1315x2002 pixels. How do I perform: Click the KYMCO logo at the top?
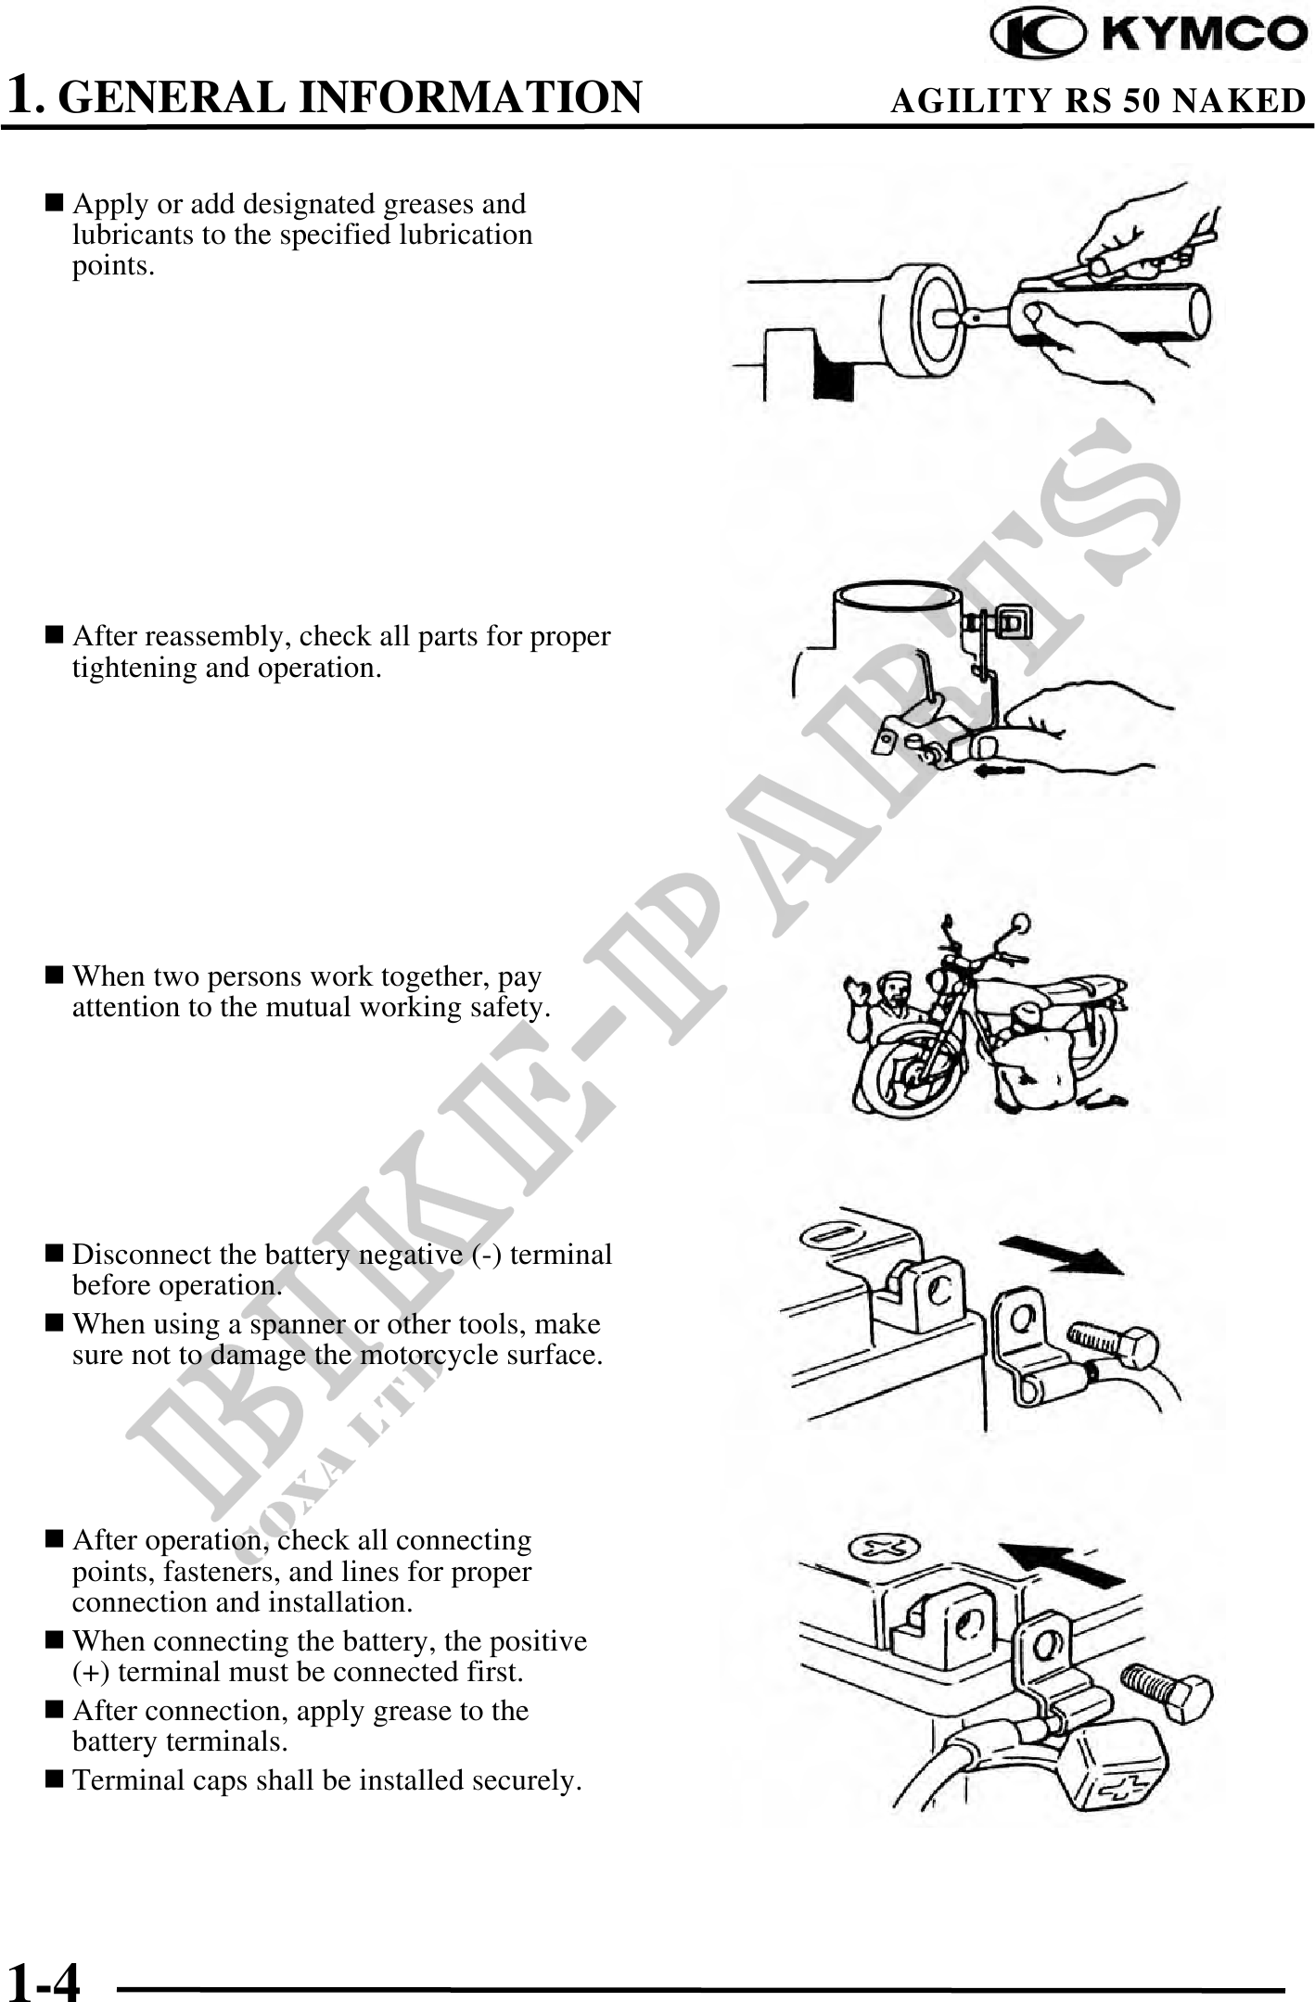[1149, 35]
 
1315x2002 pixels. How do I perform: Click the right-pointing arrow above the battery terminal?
[1065, 1256]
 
